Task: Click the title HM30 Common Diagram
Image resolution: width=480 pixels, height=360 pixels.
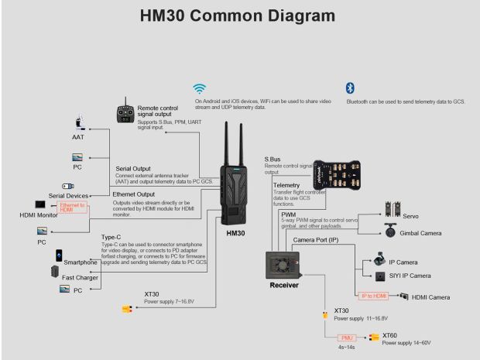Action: (x=238, y=15)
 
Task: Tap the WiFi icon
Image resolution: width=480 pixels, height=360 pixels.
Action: (x=200, y=88)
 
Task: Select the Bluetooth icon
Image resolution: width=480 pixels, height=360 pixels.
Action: (x=350, y=88)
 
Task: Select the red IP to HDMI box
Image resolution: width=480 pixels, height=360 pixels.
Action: (x=372, y=297)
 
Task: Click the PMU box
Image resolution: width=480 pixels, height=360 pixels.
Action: (x=348, y=338)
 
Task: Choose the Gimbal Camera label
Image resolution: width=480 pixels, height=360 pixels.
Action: (x=426, y=232)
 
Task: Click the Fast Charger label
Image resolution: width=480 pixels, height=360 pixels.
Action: (x=79, y=277)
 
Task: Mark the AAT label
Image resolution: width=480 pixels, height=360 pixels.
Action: (x=78, y=137)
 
